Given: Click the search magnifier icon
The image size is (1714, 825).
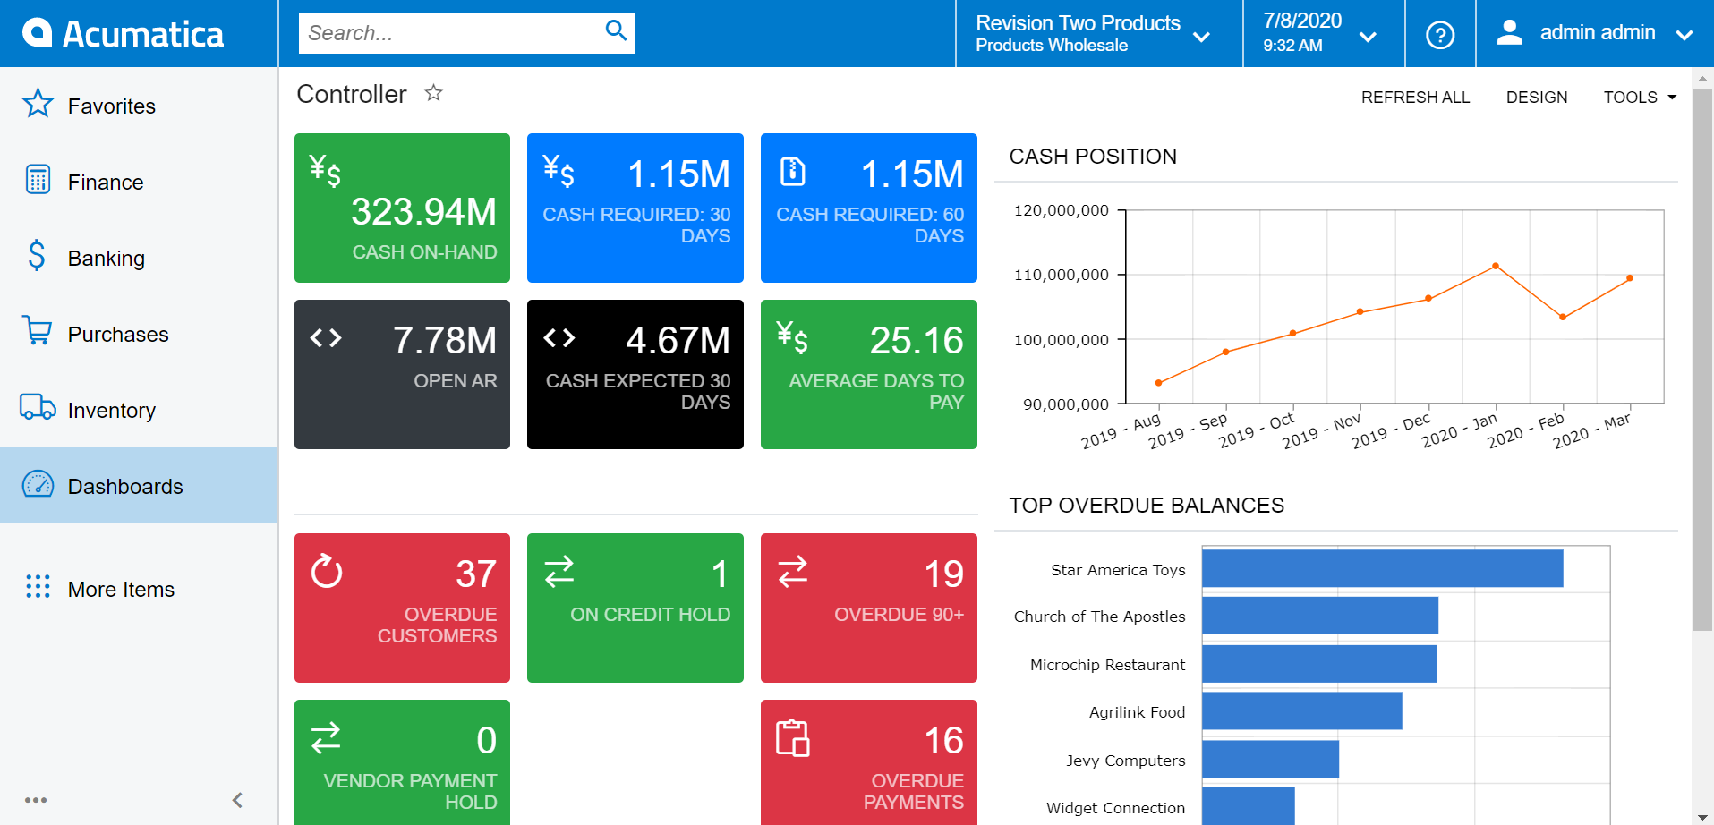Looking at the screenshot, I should coord(616,31).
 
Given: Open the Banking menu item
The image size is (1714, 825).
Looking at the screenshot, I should coord(106,259).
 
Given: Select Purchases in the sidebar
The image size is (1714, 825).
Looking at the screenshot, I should coord(117,335).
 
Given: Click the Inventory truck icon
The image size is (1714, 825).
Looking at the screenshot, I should coord(38,408).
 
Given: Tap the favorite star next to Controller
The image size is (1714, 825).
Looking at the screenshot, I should coord(434,93).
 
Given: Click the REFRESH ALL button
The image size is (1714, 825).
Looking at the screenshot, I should coord(1415,98).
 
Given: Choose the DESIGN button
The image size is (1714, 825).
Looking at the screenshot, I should coord(1536,98).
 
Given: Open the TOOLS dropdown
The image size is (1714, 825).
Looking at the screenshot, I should coord(1639,98).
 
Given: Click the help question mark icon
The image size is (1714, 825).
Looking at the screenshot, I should coord(1439,35).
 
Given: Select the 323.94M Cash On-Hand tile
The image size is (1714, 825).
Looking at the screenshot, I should coord(402,208).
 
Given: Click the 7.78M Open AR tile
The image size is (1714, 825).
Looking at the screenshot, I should coord(402,374).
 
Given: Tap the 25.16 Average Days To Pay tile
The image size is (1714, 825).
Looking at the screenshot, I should coord(868,374).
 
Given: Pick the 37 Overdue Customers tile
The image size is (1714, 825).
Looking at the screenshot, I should coord(402,608).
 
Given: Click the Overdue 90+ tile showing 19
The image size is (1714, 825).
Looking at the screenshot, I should coord(868,608).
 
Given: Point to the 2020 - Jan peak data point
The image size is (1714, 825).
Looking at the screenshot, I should coord(1495,267).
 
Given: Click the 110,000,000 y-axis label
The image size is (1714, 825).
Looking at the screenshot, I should coord(1061,275).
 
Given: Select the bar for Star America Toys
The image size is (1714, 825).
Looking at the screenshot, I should coord(1382,569).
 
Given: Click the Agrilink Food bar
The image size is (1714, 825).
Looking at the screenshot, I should coord(1301,711).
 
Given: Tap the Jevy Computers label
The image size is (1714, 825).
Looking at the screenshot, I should coord(1125,761).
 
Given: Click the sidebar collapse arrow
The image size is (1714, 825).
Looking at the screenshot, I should coord(237,800).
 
